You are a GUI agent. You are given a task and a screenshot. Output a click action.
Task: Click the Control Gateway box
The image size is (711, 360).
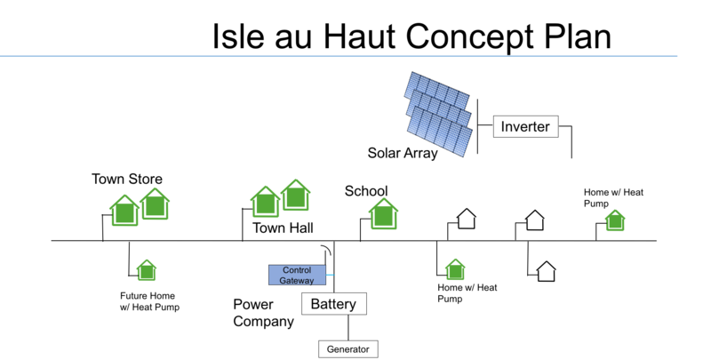[x=297, y=275]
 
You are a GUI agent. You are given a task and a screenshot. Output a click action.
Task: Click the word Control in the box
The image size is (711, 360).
[x=297, y=270]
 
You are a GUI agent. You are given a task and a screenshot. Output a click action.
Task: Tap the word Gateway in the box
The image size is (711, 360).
[x=297, y=280]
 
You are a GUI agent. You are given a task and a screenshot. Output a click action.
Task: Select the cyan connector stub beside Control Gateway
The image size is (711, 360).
[x=331, y=275]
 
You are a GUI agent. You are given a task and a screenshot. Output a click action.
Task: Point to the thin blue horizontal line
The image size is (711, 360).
[x=338, y=56]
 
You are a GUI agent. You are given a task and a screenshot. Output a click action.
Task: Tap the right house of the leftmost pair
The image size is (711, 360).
[x=155, y=205]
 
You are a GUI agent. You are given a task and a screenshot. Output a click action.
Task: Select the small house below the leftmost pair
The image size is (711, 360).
[x=147, y=271]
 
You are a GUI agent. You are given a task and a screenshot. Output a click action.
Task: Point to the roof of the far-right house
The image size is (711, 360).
[x=615, y=213]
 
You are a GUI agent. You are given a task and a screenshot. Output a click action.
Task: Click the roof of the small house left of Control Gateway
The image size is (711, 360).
[x=147, y=263]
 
